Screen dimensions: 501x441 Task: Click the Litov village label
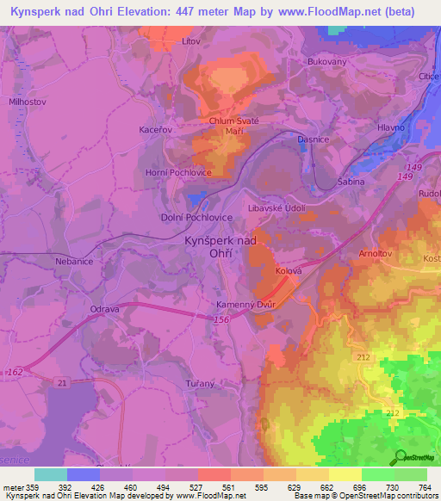(191, 40)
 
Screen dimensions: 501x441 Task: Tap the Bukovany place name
(326, 63)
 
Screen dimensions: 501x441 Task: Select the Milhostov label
(27, 101)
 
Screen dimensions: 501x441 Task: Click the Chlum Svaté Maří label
(234, 127)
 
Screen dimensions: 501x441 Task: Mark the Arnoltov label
(376, 254)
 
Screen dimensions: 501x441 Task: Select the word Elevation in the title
(154, 12)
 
